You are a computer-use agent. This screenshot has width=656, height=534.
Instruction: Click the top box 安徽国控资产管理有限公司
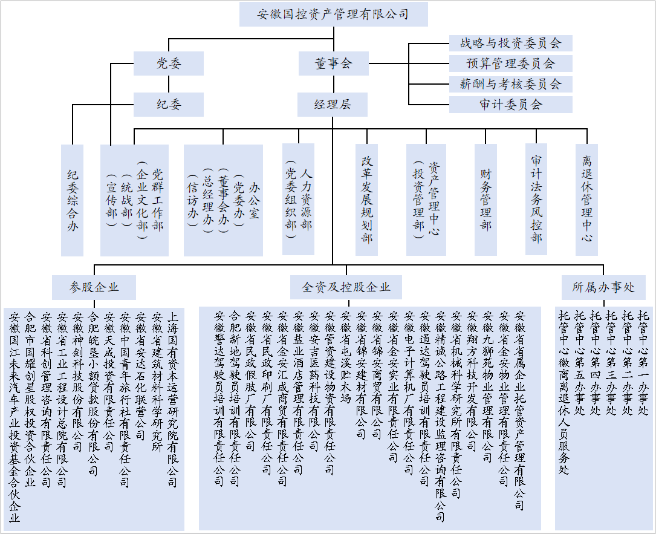tap(333, 15)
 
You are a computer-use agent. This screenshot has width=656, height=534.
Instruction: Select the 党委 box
tap(168, 63)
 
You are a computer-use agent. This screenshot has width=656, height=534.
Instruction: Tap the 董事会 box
tap(333, 63)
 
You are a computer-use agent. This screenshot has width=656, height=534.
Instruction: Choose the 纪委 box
tap(168, 105)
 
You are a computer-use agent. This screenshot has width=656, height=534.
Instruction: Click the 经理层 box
tap(333, 105)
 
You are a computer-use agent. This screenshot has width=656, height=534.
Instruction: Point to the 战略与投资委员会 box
tap(510, 43)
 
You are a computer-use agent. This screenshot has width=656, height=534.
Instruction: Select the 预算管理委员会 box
tap(510, 63)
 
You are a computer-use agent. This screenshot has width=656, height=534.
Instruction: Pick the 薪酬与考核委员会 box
tap(510, 84)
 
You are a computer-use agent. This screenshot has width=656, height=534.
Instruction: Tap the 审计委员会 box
tap(510, 105)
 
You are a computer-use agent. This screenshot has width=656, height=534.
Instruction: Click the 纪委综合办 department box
tap(72, 200)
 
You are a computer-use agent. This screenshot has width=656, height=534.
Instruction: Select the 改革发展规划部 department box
tap(367, 200)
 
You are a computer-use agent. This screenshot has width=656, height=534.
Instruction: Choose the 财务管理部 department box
tap(486, 200)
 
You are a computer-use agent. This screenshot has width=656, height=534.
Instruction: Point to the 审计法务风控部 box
tap(536, 200)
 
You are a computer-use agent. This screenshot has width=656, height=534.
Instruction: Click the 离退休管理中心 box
tap(586, 200)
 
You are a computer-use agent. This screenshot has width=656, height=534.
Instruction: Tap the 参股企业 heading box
tap(94, 287)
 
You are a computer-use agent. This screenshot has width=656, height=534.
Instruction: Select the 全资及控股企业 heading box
tap(346, 287)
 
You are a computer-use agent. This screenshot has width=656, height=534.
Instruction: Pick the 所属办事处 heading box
tap(603, 287)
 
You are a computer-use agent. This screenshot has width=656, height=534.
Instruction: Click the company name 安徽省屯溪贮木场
tap(346, 357)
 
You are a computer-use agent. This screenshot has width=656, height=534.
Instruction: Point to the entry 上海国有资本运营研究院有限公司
tap(172, 399)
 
